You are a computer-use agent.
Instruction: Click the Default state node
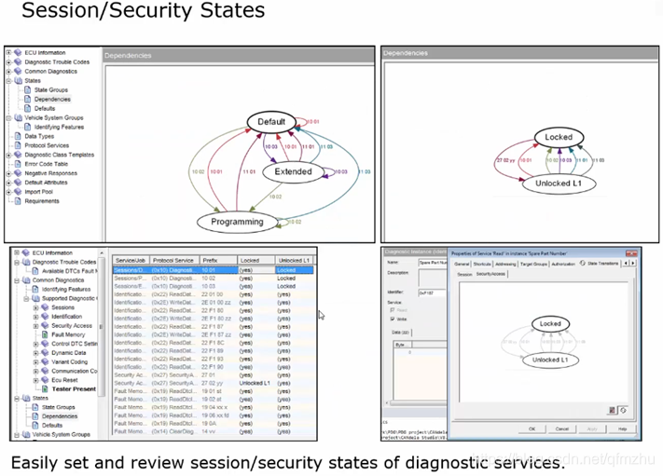point(271,122)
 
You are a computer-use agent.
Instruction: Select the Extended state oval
point(293,171)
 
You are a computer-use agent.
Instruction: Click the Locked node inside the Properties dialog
point(550,324)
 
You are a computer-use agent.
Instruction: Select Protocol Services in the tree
point(47,145)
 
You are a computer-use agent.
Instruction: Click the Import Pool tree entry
point(39,192)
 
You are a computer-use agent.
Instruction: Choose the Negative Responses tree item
point(50,173)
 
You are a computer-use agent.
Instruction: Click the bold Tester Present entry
point(75,388)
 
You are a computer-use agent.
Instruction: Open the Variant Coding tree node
point(72,362)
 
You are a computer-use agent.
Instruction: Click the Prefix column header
point(212,260)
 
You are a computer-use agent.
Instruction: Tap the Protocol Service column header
point(173,260)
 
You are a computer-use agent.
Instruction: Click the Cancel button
point(562,429)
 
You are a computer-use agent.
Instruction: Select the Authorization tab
point(563,264)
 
